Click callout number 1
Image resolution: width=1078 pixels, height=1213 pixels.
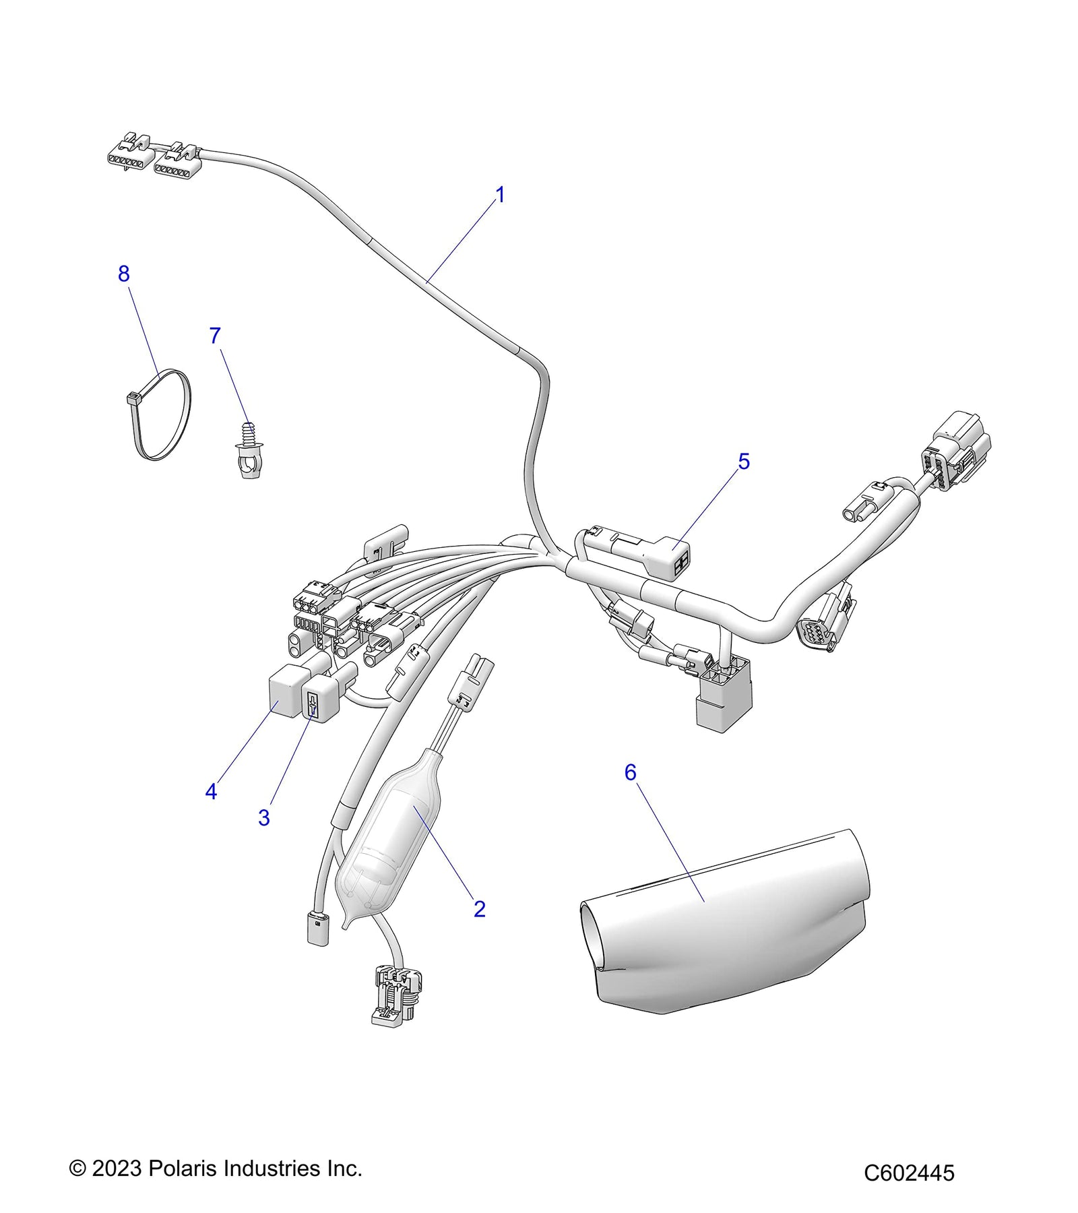pos(500,195)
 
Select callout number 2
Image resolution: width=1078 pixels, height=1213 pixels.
pos(479,909)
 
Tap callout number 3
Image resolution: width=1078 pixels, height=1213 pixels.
pos(263,817)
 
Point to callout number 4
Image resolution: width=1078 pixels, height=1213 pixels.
pos(211,792)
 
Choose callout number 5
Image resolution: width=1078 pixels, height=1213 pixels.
pos(744,462)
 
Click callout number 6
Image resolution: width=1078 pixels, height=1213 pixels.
pos(630,772)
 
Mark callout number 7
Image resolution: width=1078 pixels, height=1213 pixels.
pos(215,336)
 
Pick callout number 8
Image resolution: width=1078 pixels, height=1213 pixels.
pos(123,274)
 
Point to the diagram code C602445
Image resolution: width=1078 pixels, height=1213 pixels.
pos(909,1173)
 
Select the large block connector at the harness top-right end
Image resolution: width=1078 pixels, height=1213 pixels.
pos(960,448)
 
